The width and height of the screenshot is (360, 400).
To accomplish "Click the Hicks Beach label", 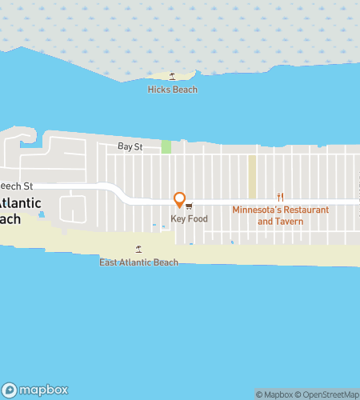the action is pos(172,90).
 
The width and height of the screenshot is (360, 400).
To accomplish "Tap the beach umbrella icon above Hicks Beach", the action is pos(172,77).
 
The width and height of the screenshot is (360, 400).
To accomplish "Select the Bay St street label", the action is pos(130,147).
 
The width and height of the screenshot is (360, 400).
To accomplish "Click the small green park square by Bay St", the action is pos(166,146).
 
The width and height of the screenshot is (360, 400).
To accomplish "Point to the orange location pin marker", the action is pos(180,200).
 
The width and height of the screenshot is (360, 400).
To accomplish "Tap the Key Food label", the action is pos(189,218).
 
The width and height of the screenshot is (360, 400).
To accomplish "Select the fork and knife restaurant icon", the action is pos(280,198).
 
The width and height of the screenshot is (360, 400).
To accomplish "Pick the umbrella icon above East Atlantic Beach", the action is pos(138,250).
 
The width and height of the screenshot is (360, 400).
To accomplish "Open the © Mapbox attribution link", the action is pos(274,394).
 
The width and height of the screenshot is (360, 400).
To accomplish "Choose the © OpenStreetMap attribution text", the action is pos(327,394).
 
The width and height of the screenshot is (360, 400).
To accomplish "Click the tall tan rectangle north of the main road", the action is pos(251,176).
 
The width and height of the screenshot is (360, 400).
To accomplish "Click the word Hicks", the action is pos(159,90).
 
